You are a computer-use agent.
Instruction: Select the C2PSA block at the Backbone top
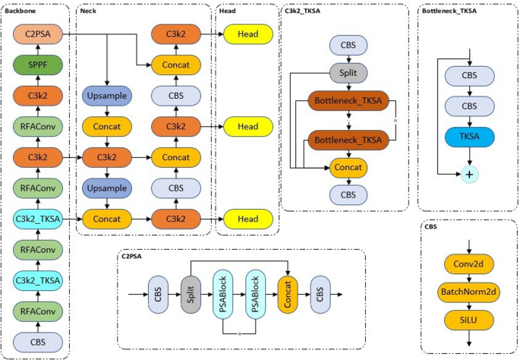tap(37, 33)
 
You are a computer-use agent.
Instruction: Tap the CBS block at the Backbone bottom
tap(37, 342)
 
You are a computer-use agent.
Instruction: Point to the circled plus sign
tap(470, 175)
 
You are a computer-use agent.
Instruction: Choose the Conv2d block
tap(470, 265)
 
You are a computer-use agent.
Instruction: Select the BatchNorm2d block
tap(470, 292)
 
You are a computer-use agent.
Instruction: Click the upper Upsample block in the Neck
tap(108, 96)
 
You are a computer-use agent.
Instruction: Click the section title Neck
tap(89, 11)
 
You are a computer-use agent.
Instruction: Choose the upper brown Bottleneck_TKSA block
tap(348, 101)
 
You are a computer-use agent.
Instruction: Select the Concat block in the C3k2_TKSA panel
tap(348, 167)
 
